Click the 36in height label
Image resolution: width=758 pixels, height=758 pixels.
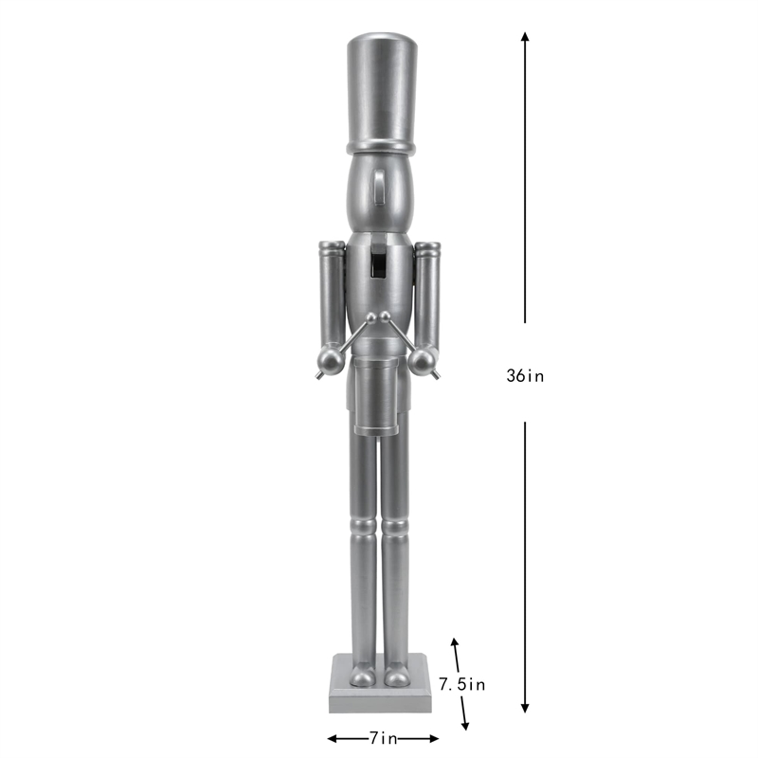tap(525, 375)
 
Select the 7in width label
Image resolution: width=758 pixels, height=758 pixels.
tap(383, 737)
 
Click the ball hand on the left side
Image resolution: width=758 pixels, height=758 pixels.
tap(328, 360)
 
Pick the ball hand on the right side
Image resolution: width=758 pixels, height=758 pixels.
tap(424, 360)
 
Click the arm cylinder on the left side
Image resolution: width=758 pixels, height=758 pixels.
tap(330, 294)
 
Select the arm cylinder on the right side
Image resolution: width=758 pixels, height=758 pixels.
tap(427, 294)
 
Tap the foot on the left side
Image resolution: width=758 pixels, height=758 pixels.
tap(363, 676)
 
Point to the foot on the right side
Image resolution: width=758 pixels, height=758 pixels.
tap(397, 676)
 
